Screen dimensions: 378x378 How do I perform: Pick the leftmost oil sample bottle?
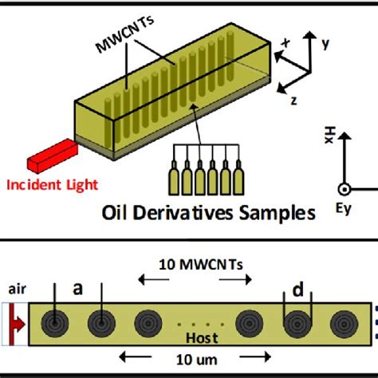point(173,181)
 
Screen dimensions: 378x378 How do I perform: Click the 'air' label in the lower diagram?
point(15,289)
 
